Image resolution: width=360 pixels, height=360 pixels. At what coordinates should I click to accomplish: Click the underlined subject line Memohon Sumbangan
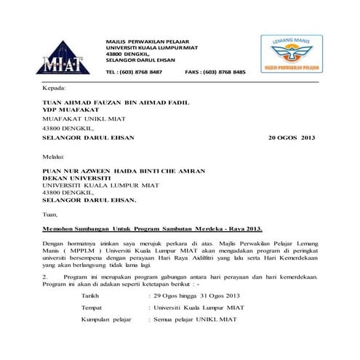(152, 229)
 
